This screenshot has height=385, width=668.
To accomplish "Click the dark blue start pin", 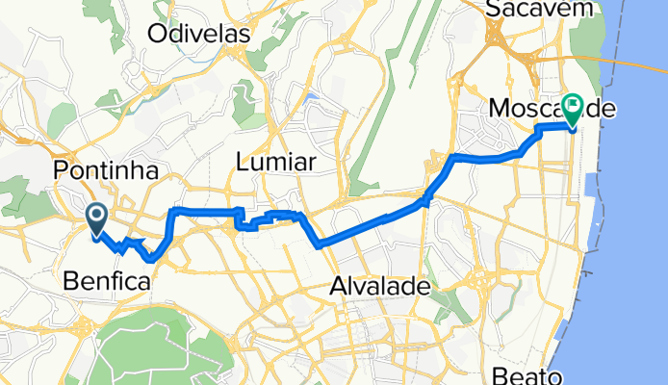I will pos(97,218).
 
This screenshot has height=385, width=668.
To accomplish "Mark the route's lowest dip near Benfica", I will pos(151,259).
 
